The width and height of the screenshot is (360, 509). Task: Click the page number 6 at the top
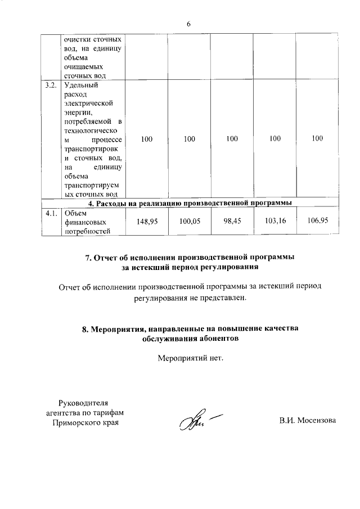click(189, 24)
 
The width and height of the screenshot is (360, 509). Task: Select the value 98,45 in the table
click(232, 222)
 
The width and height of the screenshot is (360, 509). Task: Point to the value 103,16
click(274, 222)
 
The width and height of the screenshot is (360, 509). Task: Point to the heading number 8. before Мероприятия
click(85, 328)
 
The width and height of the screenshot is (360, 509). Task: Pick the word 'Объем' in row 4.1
click(76, 213)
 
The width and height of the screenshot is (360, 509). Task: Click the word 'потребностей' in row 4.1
click(86, 231)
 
